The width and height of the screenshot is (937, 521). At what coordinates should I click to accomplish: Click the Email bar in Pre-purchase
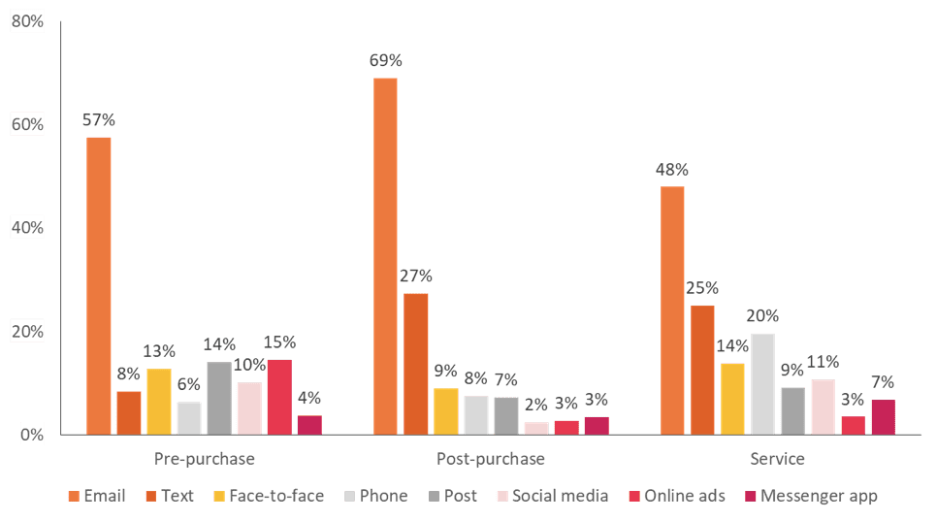click(x=99, y=286)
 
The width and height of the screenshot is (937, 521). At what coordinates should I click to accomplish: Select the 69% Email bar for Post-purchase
click(x=385, y=256)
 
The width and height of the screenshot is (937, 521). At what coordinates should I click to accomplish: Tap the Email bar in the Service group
click(x=672, y=310)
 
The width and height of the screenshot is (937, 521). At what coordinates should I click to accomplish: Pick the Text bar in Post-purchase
click(x=415, y=364)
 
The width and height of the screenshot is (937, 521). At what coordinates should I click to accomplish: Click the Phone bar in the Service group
click(x=762, y=383)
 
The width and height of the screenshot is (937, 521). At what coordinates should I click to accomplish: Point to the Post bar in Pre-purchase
click(x=219, y=398)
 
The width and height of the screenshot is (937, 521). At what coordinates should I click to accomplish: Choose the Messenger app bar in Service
click(x=883, y=416)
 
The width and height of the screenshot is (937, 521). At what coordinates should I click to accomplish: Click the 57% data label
click(x=99, y=120)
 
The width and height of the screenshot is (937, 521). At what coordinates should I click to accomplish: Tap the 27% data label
click(x=416, y=277)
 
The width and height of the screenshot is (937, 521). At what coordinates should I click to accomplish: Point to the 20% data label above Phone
click(x=762, y=315)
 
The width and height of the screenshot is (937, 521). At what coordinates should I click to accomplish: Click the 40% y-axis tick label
click(x=27, y=228)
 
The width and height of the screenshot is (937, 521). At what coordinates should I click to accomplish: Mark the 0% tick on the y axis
click(x=31, y=435)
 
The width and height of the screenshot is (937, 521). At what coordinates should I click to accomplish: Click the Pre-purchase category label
click(x=205, y=458)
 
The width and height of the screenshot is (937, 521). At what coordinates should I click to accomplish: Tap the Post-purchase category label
click(x=491, y=458)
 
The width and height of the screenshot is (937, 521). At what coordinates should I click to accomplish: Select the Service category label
click(x=777, y=458)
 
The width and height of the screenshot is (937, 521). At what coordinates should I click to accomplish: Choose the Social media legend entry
click(x=552, y=496)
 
